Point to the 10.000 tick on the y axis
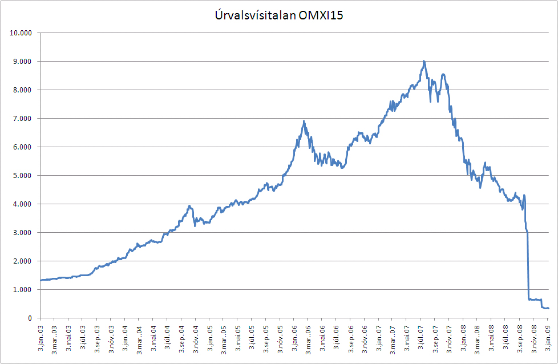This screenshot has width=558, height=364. [x=22, y=33]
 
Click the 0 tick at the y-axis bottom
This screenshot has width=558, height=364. [x=31, y=318]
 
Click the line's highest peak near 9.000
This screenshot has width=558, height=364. [x=423, y=61]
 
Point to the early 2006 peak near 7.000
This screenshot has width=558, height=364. [x=304, y=121]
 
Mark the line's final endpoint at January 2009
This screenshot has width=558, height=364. [x=548, y=308]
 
